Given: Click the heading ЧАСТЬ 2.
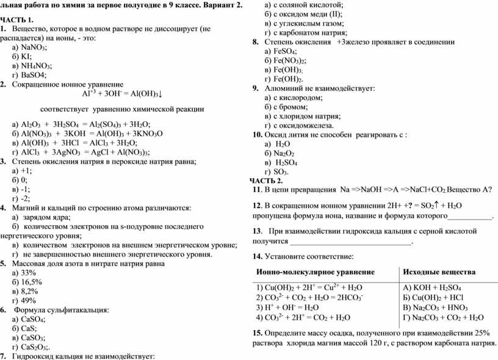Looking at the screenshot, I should point(267,181).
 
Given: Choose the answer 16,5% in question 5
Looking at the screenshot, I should point(31,282).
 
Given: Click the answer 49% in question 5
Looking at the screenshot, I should point(29,300).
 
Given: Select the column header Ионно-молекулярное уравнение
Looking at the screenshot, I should point(316,272).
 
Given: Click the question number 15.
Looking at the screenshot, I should point(257,333).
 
